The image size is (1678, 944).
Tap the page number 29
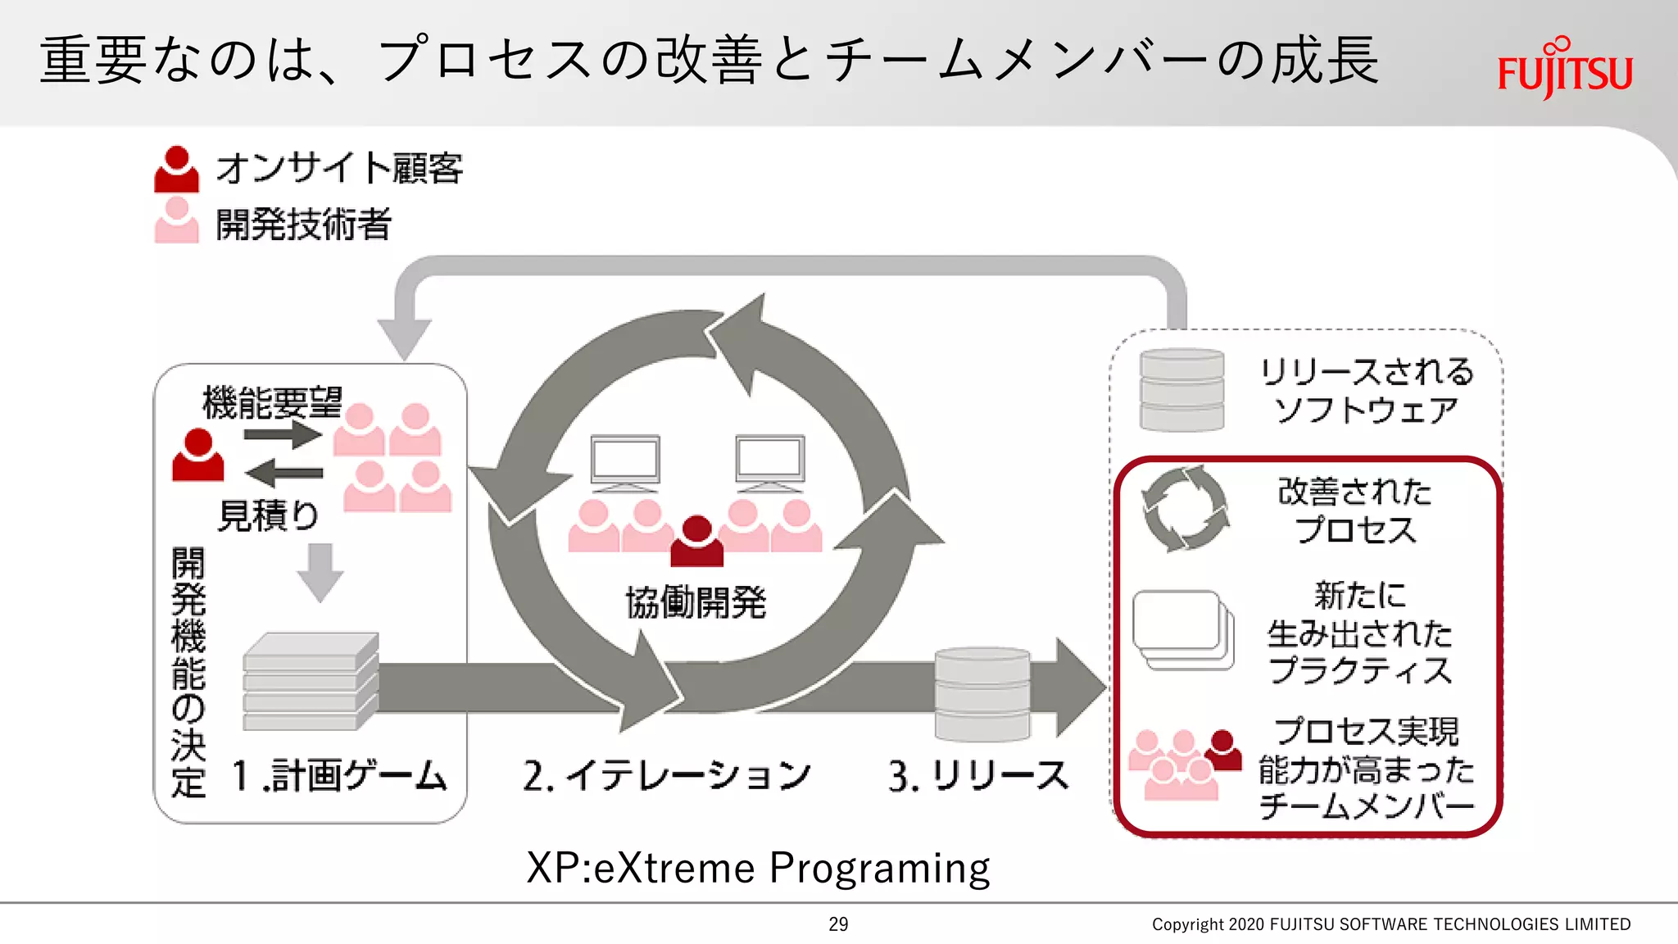click(x=838, y=924)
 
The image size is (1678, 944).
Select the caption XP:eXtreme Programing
click(x=758, y=868)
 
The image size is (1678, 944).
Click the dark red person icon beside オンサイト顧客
click(x=176, y=170)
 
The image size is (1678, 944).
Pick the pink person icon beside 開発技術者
click(x=176, y=220)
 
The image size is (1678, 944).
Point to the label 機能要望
click(x=272, y=402)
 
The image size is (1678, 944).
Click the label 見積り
click(x=268, y=515)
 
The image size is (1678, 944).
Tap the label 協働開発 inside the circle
click(x=696, y=602)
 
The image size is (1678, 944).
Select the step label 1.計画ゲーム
click(x=339, y=775)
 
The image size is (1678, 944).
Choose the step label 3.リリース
click(x=978, y=775)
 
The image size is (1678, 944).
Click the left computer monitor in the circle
click(x=625, y=462)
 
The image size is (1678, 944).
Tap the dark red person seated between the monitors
click(x=697, y=542)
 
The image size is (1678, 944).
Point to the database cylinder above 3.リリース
click(x=982, y=692)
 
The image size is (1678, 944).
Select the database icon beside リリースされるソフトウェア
click(x=1181, y=390)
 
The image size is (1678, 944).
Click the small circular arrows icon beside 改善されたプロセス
click(x=1186, y=509)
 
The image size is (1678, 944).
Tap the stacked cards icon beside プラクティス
click(x=1182, y=630)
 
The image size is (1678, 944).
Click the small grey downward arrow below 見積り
click(x=320, y=572)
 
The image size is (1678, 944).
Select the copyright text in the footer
click(x=1390, y=924)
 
